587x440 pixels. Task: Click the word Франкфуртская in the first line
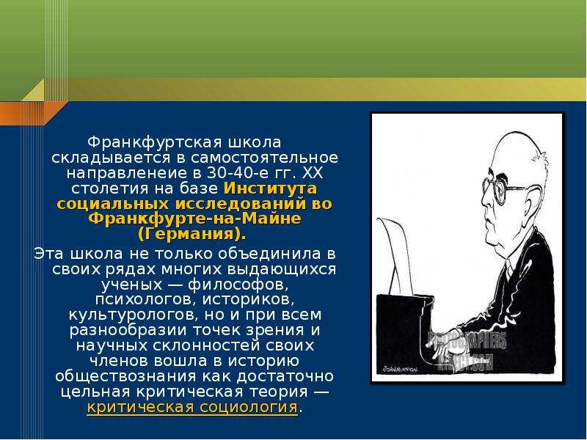tap(156, 142)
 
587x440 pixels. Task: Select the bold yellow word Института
tap(270, 188)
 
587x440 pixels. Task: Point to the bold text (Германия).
tap(192, 235)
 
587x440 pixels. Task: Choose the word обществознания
tap(124, 376)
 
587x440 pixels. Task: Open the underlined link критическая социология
tap(192, 407)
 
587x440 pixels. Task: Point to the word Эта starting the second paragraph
tap(50, 254)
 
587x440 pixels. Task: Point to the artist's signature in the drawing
tap(399, 369)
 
